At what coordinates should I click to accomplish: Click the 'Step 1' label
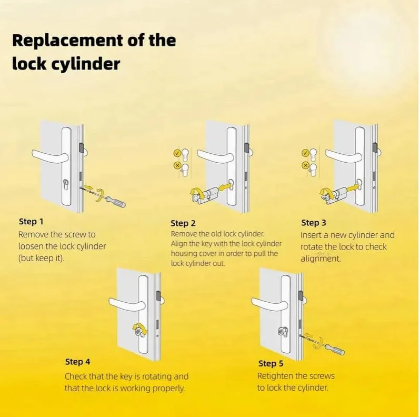(x=31, y=222)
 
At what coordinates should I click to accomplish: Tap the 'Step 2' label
(x=183, y=223)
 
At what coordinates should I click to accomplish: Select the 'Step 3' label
(x=314, y=223)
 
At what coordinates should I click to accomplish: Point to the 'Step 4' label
(x=78, y=362)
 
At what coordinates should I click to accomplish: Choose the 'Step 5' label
(x=271, y=364)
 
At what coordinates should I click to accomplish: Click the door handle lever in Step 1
(x=51, y=156)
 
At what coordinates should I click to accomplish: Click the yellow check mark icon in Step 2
(x=177, y=153)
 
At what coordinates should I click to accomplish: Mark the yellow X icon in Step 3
(x=305, y=165)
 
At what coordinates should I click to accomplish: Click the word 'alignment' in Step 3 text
(x=321, y=259)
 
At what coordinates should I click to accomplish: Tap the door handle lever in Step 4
(x=127, y=305)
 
